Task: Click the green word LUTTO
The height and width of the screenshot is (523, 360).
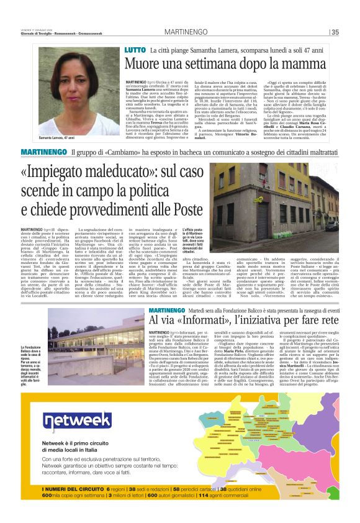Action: point(135,49)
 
